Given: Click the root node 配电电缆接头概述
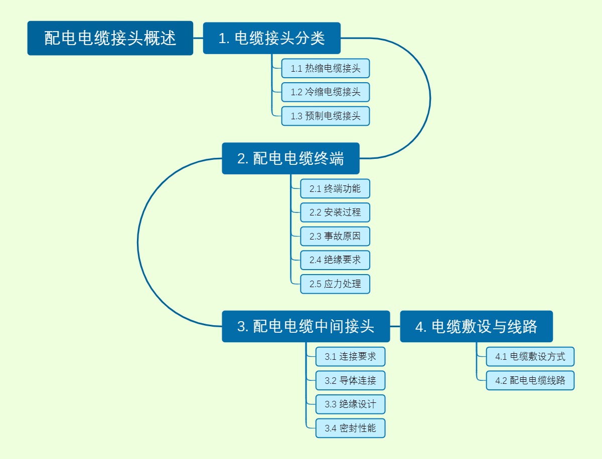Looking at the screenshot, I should (x=110, y=38).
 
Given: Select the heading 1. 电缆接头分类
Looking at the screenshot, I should (x=271, y=38).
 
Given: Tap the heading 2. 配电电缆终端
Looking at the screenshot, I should (x=290, y=158).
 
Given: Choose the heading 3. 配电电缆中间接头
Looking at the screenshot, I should (x=306, y=326).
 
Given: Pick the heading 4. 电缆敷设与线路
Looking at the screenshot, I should (x=476, y=326).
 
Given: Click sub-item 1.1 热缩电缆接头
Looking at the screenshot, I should (x=325, y=68).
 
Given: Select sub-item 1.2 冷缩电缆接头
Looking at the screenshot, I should (x=325, y=92).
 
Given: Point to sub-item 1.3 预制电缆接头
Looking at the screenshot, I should (x=325, y=116).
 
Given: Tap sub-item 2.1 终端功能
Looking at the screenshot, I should (x=335, y=188).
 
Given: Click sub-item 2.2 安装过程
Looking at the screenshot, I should (x=335, y=212).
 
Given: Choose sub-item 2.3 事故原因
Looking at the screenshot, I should (x=335, y=236).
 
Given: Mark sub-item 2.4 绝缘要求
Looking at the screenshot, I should (x=335, y=260).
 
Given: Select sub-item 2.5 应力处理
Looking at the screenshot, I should (x=335, y=284).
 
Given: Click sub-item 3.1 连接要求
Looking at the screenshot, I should (x=350, y=357).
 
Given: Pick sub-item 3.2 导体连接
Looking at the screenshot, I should (x=350, y=380).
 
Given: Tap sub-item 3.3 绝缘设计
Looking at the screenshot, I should (x=350, y=404).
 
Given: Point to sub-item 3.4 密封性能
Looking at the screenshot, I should (x=350, y=428).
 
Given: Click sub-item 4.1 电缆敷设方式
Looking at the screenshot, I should (x=530, y=357).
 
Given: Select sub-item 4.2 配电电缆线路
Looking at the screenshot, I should (x=530, y=380).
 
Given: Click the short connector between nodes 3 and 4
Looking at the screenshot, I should (x=395, y=326).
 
